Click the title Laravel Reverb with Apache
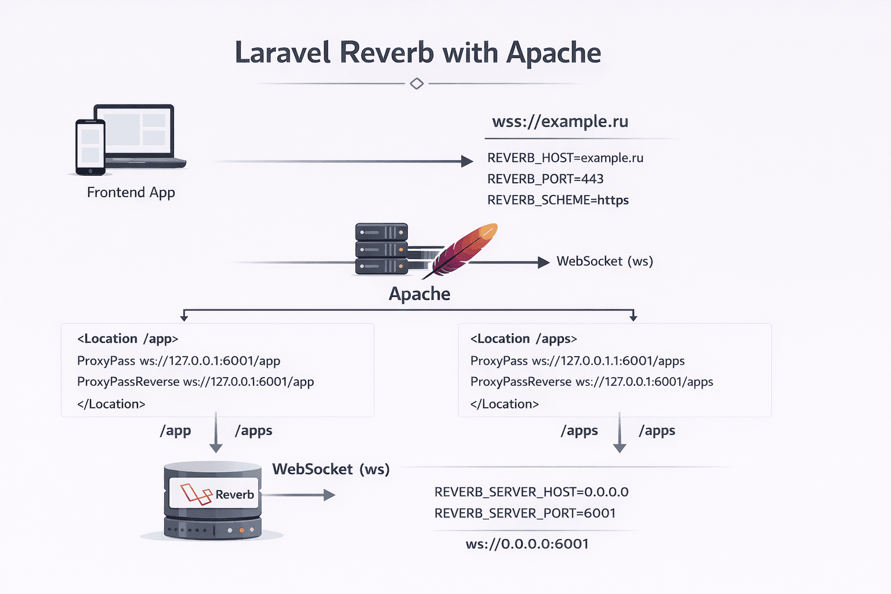(x=418, y=52)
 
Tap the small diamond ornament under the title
(x=416, y=84)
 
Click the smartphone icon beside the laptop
(x=90, y=147)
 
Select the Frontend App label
(x=131, y=193)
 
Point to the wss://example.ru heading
(x=560, y=122)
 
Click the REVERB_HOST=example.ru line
(x=565, y=158)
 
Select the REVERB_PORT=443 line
(x=545, y=179)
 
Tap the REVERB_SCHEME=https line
(x=557, y=200)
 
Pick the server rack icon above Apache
(x=381, y=249)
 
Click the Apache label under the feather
(x=419, y=294)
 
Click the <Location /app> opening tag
(x=128, y=339)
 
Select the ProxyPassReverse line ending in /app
(x=195, y=382)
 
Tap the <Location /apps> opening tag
(x=523, y=339)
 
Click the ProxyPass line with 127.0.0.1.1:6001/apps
(x=577, y=361)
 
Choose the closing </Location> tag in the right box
(x=504, y=404)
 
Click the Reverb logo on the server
(x=213, y=494)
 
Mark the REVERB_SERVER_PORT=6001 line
(x=524, y=513)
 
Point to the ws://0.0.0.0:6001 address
(x=527, y=544)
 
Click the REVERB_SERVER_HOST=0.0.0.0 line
(x=531, y=492)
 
